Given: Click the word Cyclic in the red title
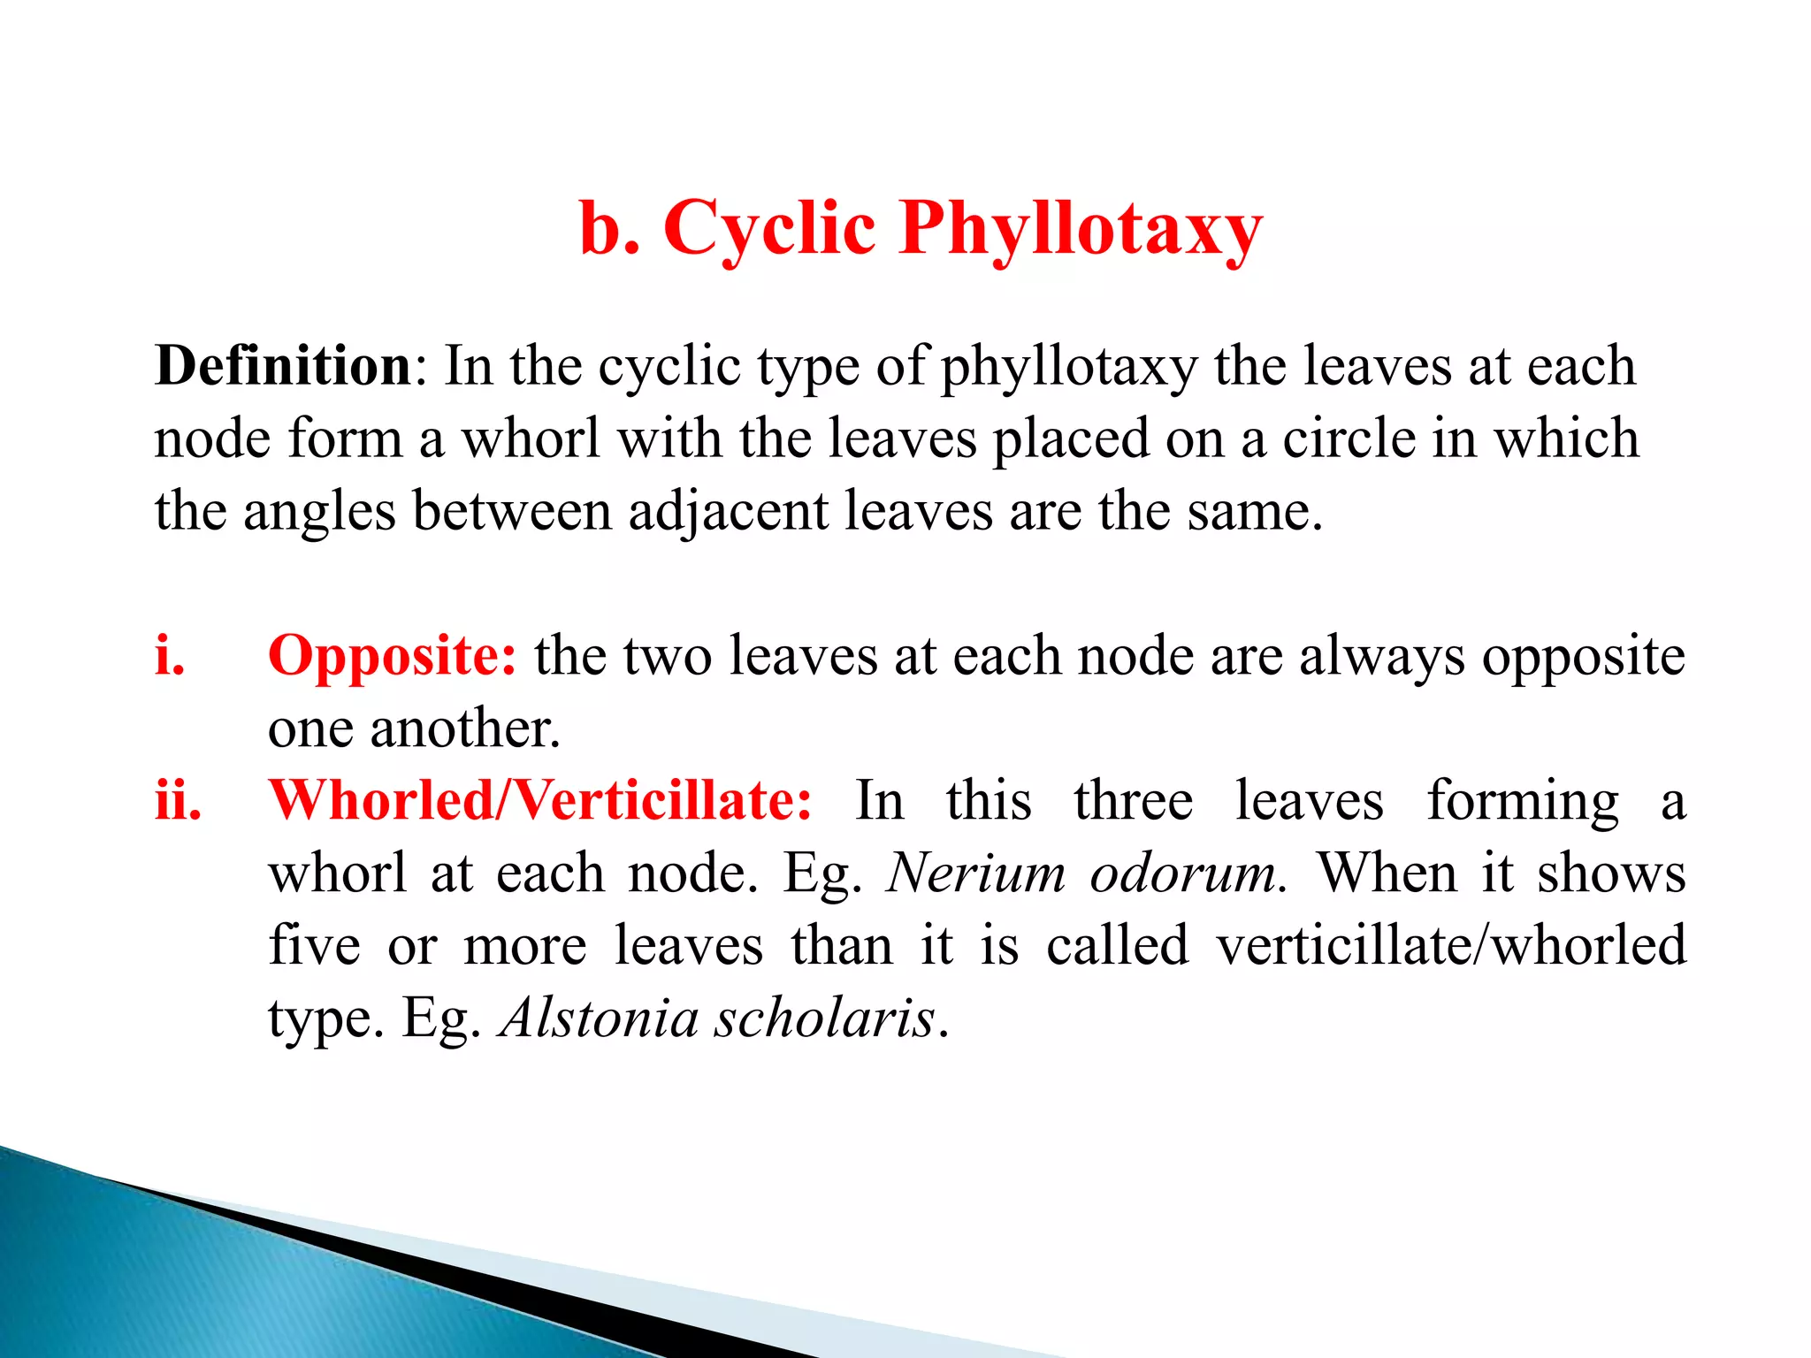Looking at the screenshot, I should click(x=769, y=228).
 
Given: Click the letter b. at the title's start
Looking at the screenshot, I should click(x=609, y=228).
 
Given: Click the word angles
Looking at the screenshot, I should click(x=319, y=511).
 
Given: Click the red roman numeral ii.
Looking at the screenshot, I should click(x=178, y=800).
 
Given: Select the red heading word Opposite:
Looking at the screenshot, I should click(x=392, y=657).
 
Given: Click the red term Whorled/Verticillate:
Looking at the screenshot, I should click(x=539, y=800).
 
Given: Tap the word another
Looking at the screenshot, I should click(x=465, y=729).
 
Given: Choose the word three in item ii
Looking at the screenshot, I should click(x=1133, y=800).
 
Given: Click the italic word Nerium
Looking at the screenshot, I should click(x=976, y=874).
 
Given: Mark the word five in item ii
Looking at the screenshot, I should click(x=314, y=945).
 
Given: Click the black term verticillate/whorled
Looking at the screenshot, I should click(x=1451, y=945).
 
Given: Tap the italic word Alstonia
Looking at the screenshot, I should click(x=599, y=1018).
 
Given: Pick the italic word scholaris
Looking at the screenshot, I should click(x=824, y=1018).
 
